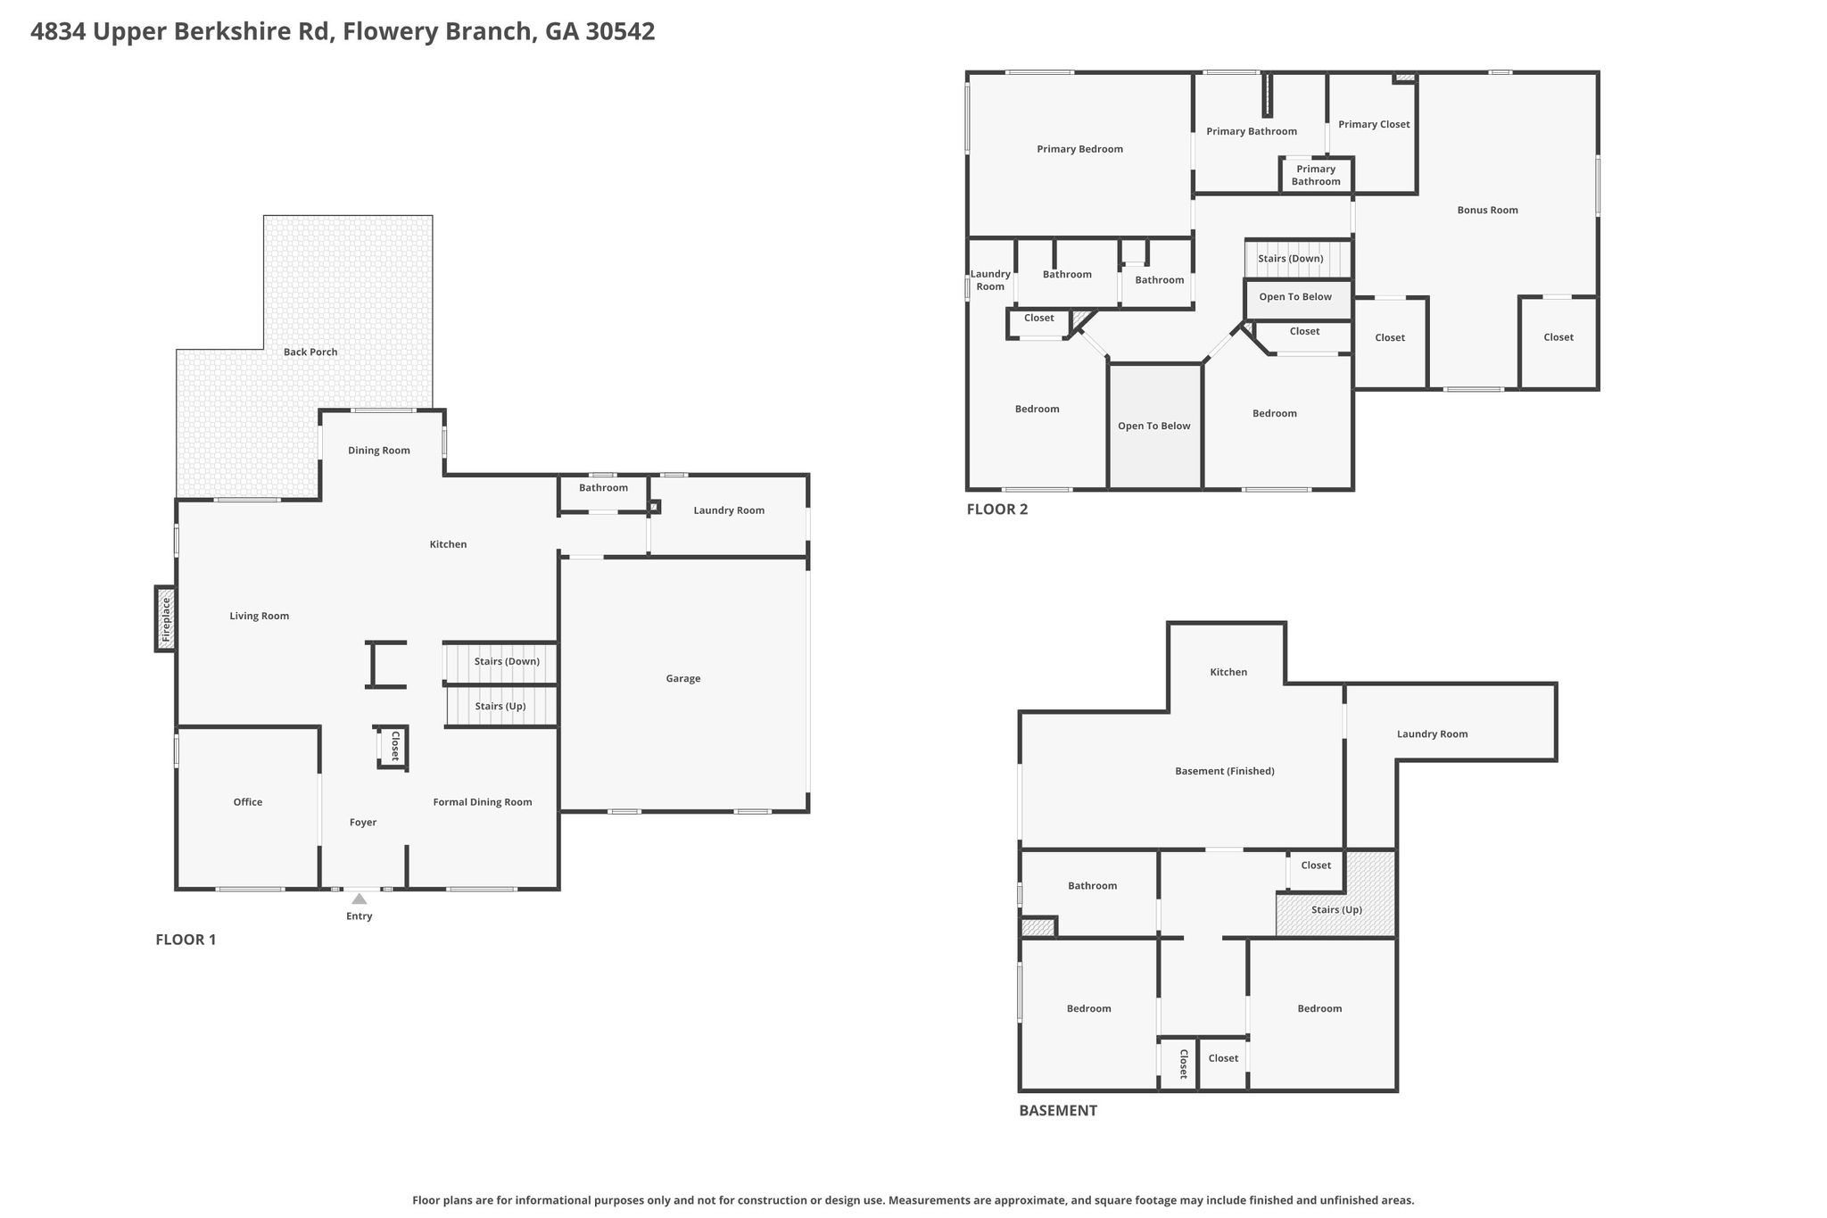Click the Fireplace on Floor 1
point(165,618)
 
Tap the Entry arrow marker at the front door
point(359,899)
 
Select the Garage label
point(683,678)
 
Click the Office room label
point(248,802)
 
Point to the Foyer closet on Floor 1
point(393,747)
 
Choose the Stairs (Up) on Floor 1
point(501,707)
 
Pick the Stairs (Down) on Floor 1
point(501,662)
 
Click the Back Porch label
point(310,352)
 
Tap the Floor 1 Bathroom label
point(603,488)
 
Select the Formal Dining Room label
point(483,802)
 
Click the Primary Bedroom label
point(1079,149)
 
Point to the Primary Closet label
point(1374,124)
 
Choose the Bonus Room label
point(1487,211)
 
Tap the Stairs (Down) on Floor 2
point(1299,259)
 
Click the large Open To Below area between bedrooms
point(1155,427)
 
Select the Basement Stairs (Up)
point(1335,894)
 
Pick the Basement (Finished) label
point(1225,771)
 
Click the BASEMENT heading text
point(1058,1111)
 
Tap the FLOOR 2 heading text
point(997,510)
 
